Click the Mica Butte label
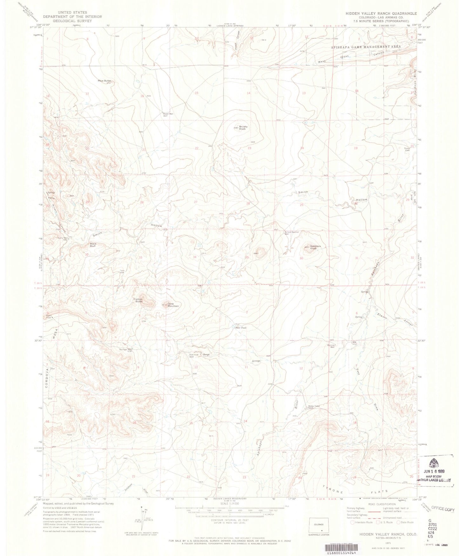click(x=104, y=81)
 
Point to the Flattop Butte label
click(x=138, y=300)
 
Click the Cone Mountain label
click(x=173, y=305)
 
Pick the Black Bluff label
click(x=93, y=245)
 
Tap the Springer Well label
click(x=125, y=350)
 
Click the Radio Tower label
click(x=49, y=316)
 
